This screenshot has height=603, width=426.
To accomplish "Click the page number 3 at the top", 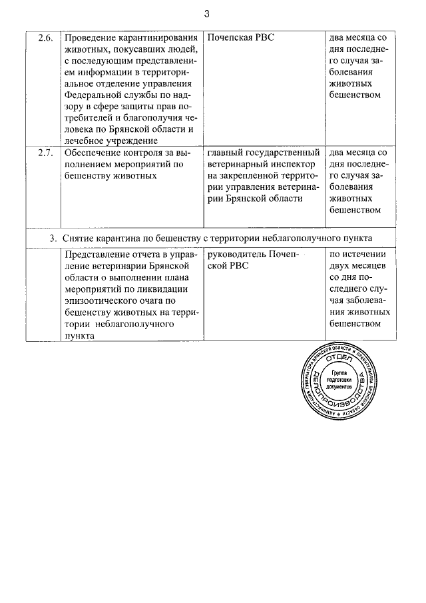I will [207, 13].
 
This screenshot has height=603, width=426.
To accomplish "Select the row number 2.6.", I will [45, 37].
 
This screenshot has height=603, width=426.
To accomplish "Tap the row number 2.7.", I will [45, 153].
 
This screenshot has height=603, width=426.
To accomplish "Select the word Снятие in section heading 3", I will [81, 238].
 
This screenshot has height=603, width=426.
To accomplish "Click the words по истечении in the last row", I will [357, 254].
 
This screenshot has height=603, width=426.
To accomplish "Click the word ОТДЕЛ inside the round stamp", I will [342, 359].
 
